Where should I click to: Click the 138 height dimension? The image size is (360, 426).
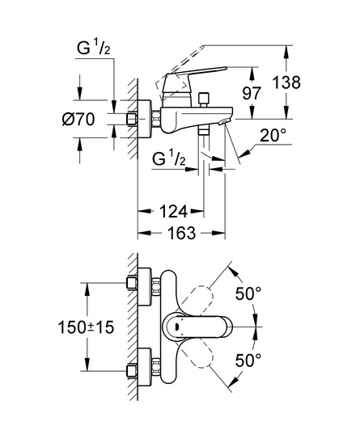click(286, 82)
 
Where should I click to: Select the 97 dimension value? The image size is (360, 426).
click(252, 93)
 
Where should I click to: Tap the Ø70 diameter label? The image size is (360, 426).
click(78, 119)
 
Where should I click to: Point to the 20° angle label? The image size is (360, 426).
click(273, 135)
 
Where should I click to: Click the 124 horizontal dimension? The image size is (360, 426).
click(173, 211)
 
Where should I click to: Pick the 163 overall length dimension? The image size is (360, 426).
click(181, 233)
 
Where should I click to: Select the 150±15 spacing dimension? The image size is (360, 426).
click(87, 327)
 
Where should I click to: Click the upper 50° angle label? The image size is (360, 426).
click(248, 293)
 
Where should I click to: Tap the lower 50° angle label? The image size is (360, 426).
click(248, 360)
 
